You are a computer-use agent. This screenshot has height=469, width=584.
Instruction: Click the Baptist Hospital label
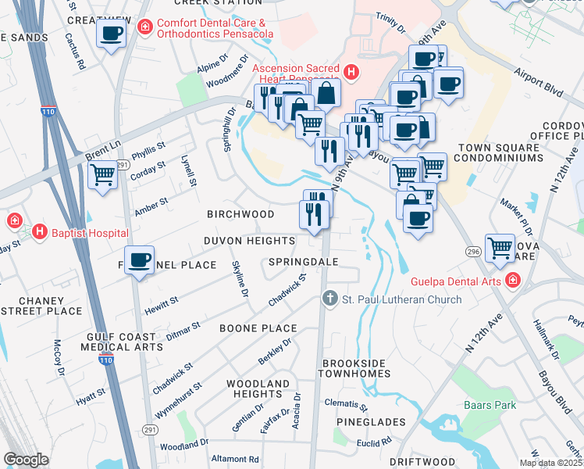point(90,232)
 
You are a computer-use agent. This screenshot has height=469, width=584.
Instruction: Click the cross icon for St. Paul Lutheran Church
point(329,299)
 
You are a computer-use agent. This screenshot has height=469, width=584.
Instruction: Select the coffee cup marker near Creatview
point(111,34)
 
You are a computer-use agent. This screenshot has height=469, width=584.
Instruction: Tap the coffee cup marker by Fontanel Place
point(140,260)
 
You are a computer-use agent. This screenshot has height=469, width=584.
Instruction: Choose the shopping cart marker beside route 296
point(500,248)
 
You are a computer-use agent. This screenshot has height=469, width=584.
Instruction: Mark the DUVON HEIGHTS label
point(249,241)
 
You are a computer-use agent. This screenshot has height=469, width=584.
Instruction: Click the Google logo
point(26,460)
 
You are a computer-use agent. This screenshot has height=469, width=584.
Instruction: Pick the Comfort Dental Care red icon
point(144,28)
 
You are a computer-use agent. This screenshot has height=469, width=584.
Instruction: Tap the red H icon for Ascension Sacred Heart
point(351,73)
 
